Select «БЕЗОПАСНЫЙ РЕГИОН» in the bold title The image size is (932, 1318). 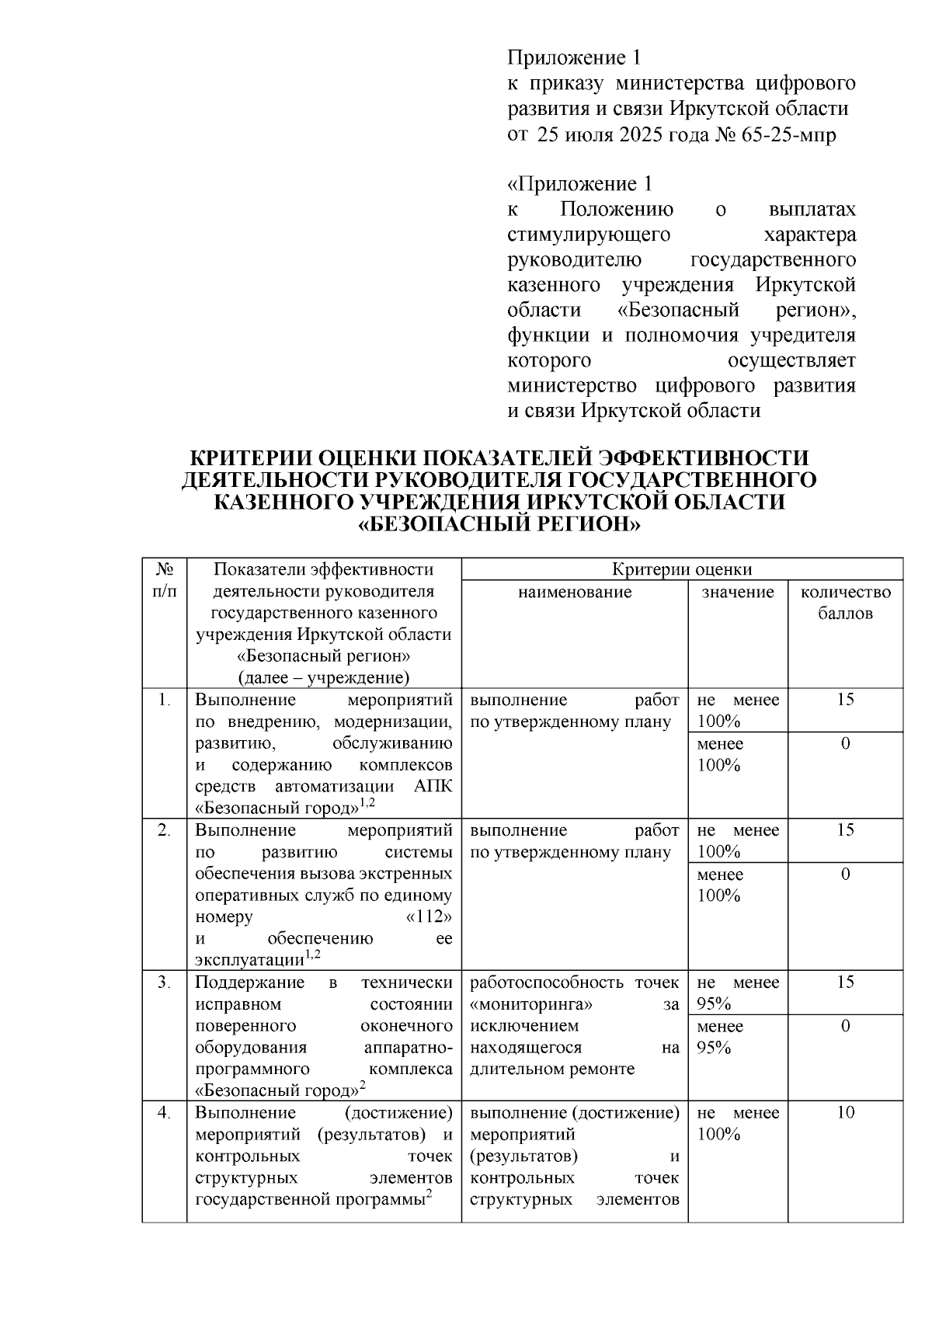click(x=499, y=524)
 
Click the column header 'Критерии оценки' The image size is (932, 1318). click(x=682, y=569)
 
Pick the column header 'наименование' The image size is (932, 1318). click(x=575, y=593)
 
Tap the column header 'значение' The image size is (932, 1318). click(x=738, y=593)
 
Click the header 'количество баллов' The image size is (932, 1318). click(x=845, y=603)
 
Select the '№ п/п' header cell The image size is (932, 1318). click(x=164, y=580)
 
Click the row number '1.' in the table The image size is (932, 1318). click(x=164, y=700)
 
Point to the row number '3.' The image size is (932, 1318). click(x=164, y=982)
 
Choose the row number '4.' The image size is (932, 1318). click(x=164, y=1113)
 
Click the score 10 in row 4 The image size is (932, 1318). click(x=845, y=1113)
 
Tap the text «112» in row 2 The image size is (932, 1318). click(x=429, y=917)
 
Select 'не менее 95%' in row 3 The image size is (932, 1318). click(x=737, y=993)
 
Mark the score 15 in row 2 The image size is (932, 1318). click(x=845, y=830)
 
